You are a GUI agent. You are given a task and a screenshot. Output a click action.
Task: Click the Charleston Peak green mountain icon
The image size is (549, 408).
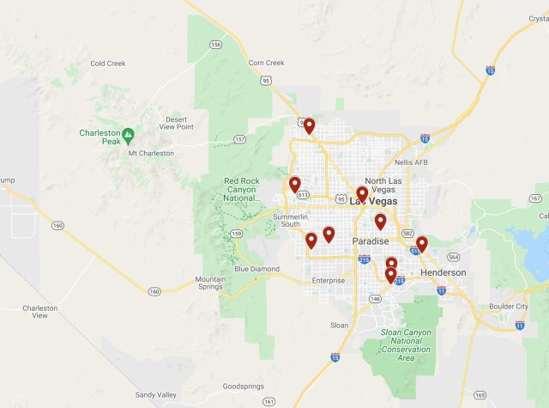[x=128, y=134]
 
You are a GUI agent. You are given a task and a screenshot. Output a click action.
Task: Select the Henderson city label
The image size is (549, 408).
[x=443, y=272]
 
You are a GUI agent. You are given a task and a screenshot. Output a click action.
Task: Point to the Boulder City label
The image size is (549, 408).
[x=510, y=307]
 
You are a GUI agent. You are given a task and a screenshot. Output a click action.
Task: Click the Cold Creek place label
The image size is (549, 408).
[x=108, y=63]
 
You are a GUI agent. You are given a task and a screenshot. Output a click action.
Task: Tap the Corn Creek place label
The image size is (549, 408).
[x=266, y=63]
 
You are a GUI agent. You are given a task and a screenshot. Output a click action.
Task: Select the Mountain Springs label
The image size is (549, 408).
[x=211, y=283]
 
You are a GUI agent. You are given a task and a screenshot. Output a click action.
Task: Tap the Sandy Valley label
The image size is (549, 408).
[x=155, y=395]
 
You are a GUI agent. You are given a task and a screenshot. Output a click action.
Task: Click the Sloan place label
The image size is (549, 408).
[x=340, y=326]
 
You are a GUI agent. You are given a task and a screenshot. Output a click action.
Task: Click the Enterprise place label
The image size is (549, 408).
[x=329, y=280]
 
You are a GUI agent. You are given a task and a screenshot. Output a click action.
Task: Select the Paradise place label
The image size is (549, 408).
[x=371, y=241]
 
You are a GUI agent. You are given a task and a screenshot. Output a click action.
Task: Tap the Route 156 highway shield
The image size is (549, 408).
[x=216, y=45]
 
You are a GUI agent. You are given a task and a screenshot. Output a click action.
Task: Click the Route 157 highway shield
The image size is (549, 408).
[x=239, y=139]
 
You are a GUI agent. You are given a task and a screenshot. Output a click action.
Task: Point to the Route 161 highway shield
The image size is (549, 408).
[x=268, y=400]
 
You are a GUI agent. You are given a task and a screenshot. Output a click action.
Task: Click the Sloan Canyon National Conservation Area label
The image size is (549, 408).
[x=402, y=341]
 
